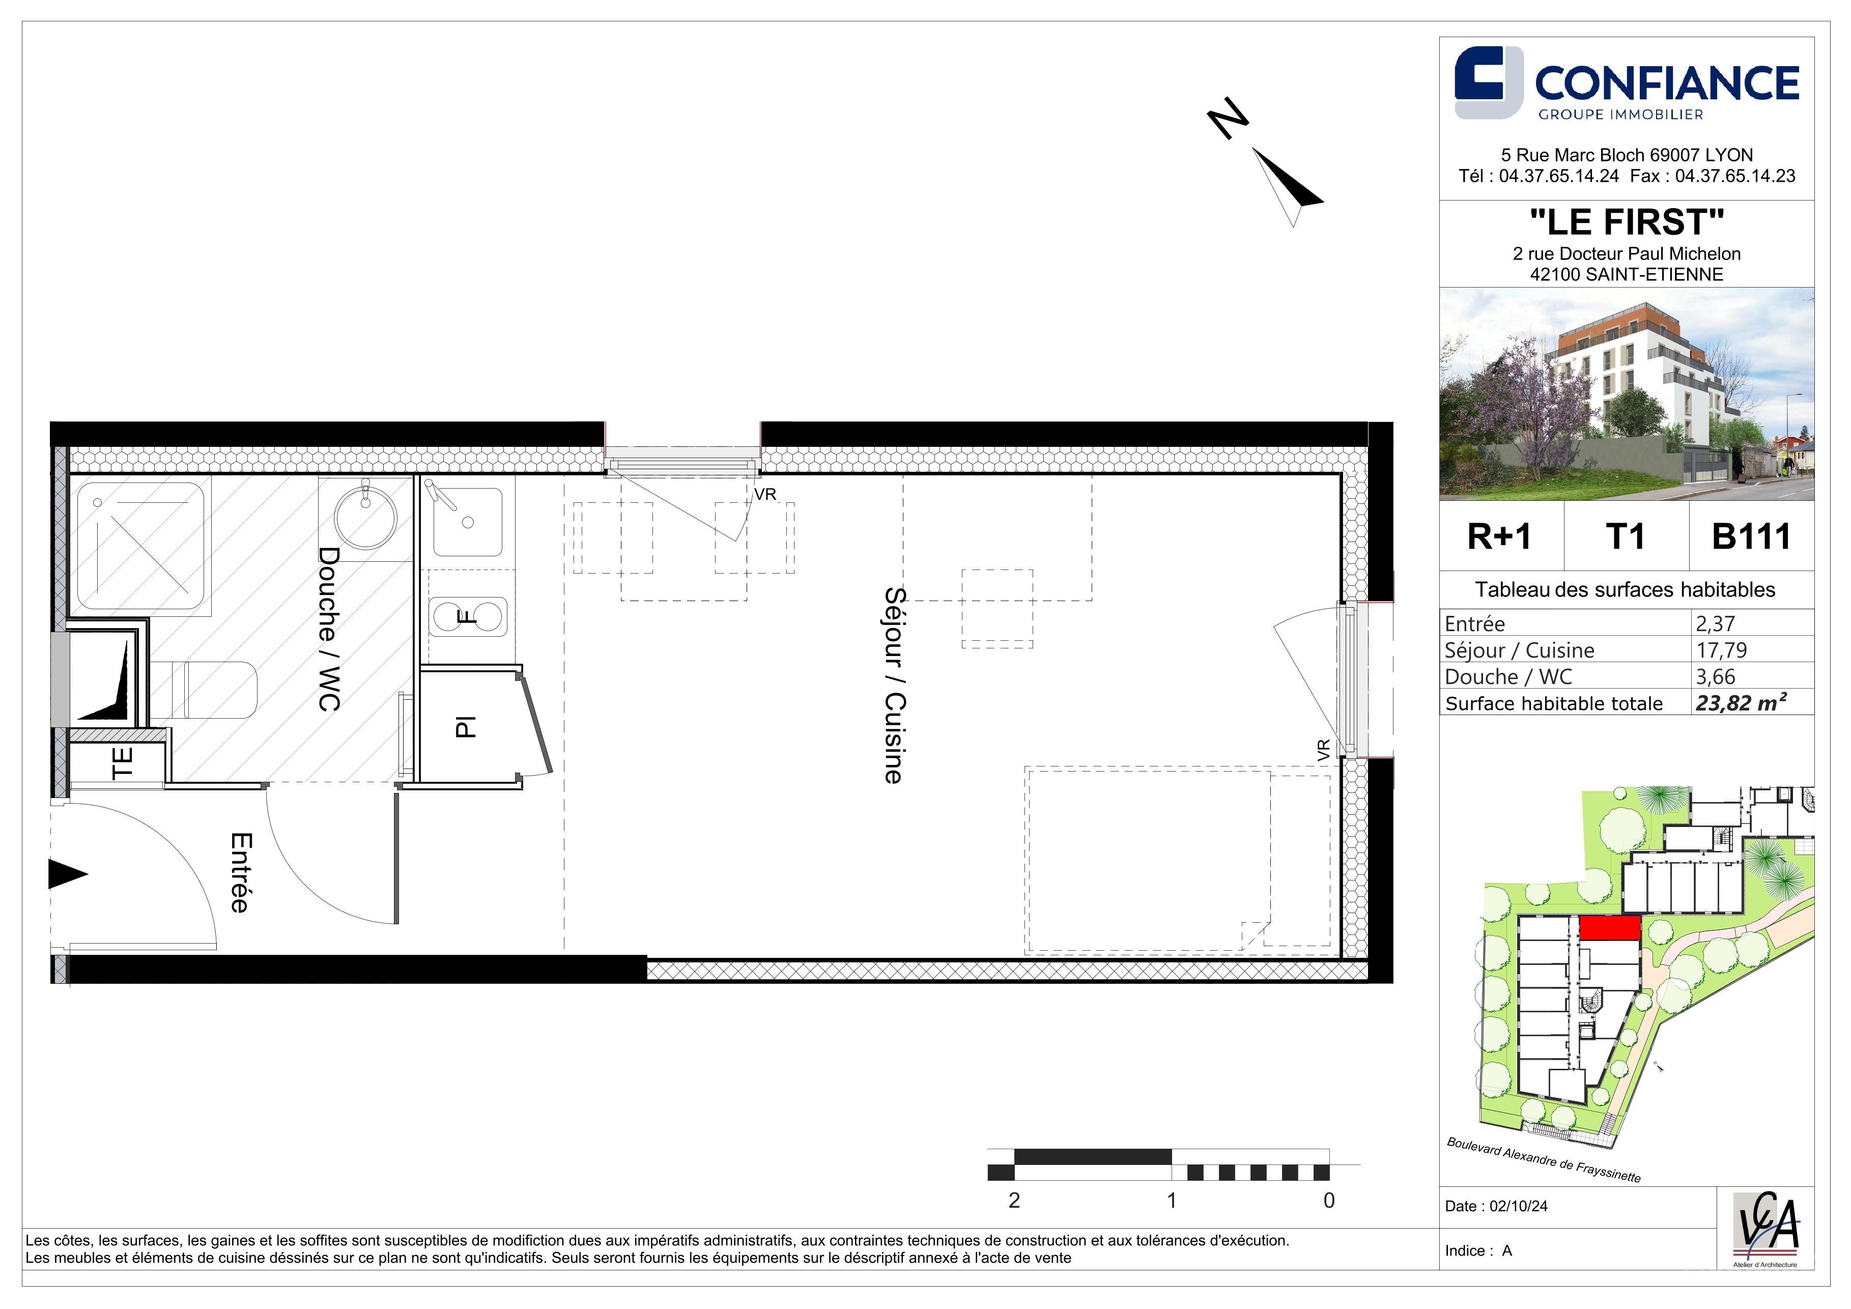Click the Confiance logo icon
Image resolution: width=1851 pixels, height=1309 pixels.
coord(1489,83)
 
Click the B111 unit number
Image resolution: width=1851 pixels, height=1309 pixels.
coord(1751,537)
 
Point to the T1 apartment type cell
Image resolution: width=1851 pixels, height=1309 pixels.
coord(1625,537)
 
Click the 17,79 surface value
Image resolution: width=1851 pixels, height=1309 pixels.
coord(1722,650)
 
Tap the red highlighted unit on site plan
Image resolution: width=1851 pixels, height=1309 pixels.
coord(1609,928)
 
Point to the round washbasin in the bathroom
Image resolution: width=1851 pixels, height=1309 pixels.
coord(365,517)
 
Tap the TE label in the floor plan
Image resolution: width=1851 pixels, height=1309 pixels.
coord(122,762)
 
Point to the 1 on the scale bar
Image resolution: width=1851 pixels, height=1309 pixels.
coord(1172,1200)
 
